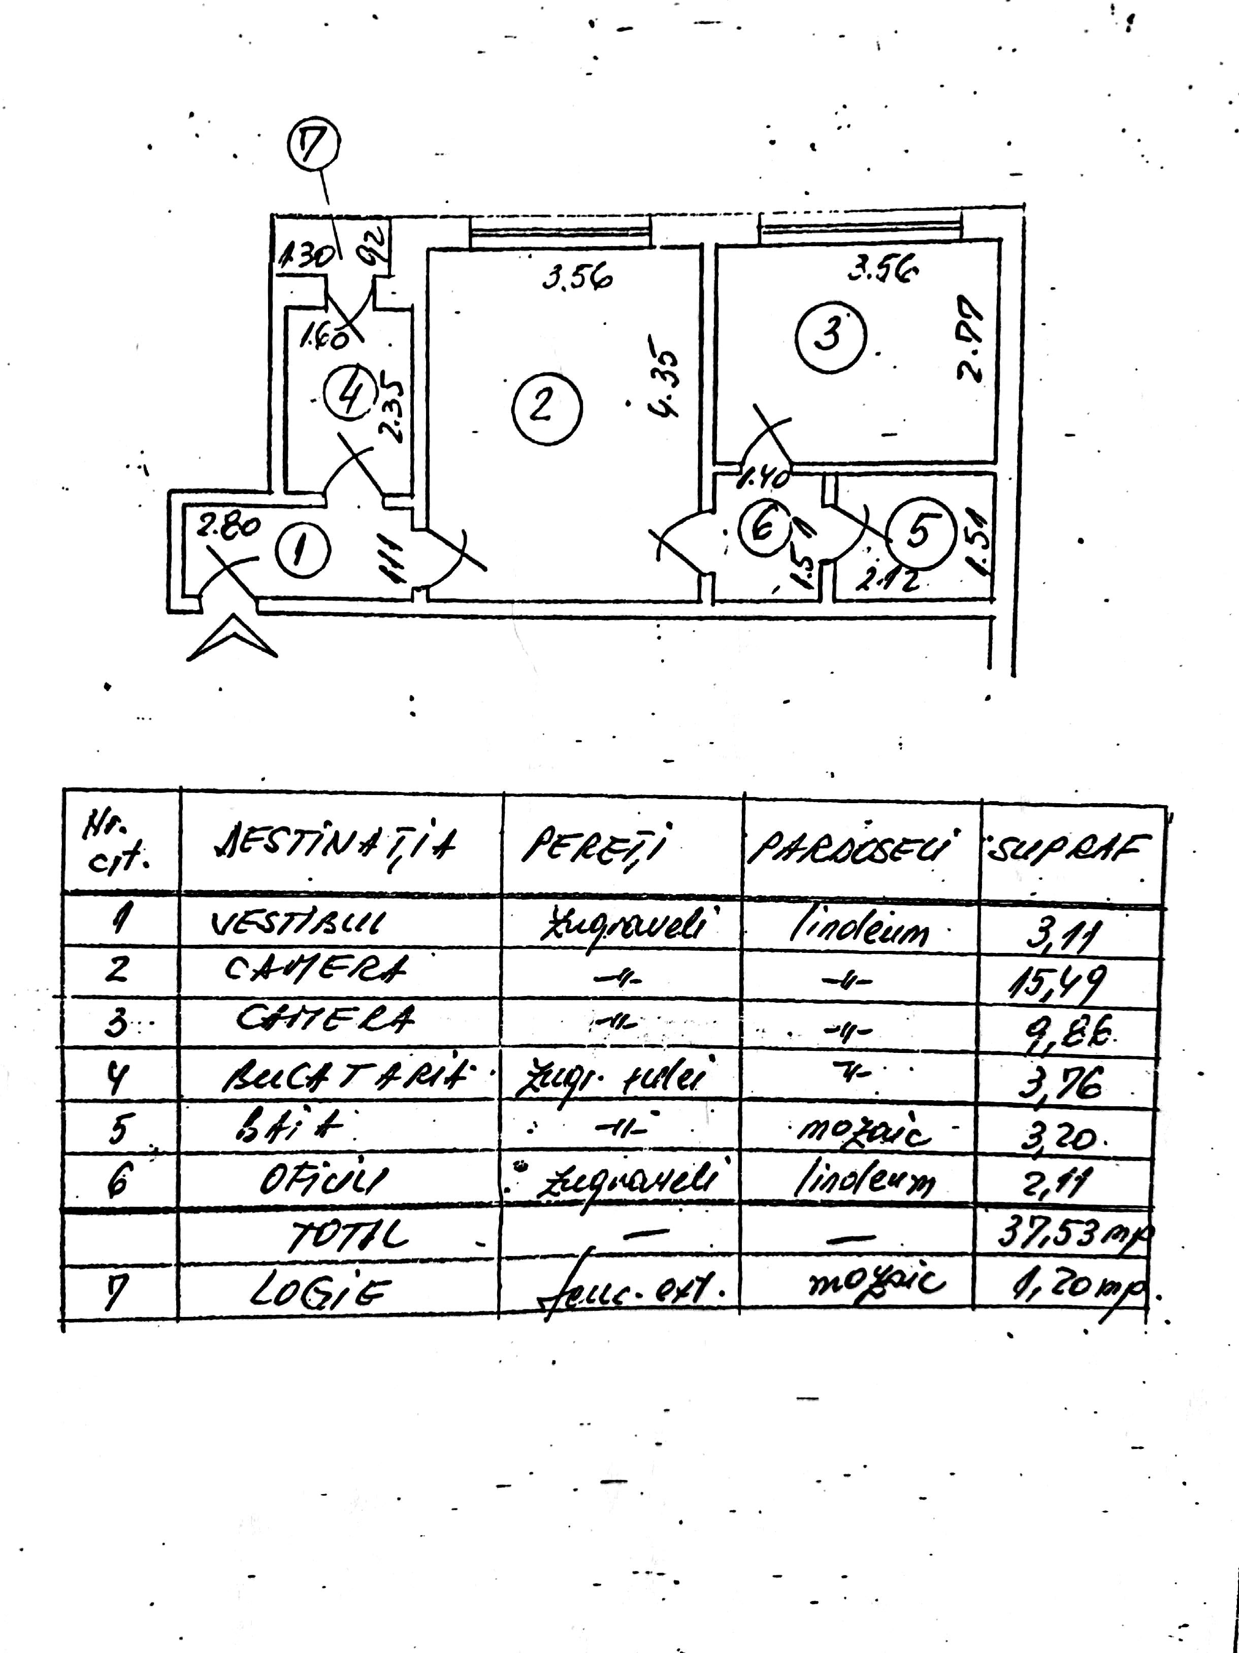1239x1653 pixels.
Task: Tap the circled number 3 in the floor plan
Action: (x=829, y=334)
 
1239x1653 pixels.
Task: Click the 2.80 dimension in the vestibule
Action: (x=228, y=526)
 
